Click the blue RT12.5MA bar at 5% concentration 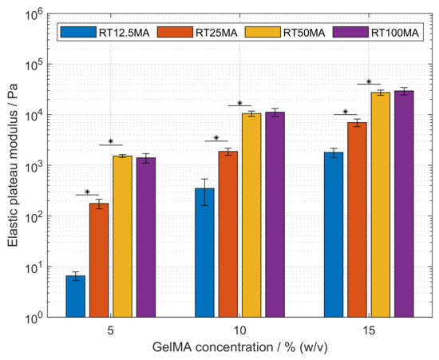point(76,296)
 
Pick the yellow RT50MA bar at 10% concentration point(251,215)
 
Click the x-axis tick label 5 point(111,330)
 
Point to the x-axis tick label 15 point(370,330)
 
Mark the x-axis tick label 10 point(240,330)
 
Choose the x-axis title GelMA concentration point(240,349)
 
